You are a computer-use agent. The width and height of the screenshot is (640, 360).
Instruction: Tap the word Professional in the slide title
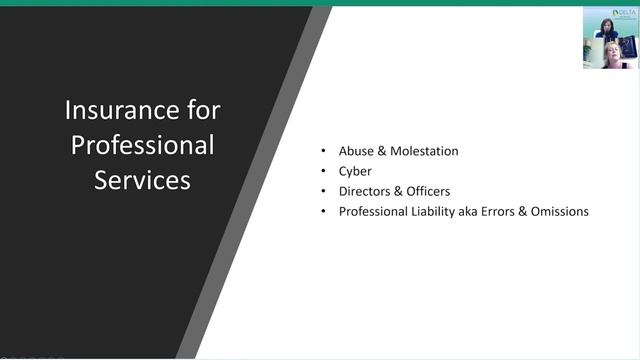142,145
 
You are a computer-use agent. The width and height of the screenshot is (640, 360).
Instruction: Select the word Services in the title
142,181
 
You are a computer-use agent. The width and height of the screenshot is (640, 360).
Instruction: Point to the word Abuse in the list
357,151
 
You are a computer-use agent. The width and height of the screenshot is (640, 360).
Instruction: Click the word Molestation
423,151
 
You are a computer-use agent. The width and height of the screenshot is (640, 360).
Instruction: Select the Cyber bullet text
355,171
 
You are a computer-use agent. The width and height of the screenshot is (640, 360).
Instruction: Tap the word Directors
365,191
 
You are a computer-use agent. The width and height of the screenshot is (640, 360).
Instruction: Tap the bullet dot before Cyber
323,171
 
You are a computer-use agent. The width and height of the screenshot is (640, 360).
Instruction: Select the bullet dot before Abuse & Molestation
323,151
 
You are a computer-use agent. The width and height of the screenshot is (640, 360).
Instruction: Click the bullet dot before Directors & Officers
323,191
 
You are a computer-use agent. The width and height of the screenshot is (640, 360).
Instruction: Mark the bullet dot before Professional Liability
323,211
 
